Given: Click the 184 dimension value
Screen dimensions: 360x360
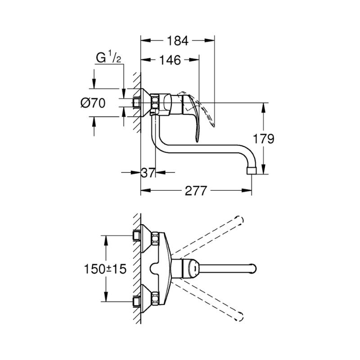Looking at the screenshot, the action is (177, 41).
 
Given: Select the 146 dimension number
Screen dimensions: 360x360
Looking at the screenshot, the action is (170, 60).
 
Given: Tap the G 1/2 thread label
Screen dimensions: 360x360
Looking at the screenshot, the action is (108, 58).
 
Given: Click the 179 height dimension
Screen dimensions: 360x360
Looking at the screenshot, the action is (263, 139).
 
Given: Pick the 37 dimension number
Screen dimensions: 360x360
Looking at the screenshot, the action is (148, 172).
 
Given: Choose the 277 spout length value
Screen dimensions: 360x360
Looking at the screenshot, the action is (196, 190).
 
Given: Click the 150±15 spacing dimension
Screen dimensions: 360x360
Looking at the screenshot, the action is (105, 269).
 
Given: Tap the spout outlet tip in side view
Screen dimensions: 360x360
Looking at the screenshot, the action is (252, 171).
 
